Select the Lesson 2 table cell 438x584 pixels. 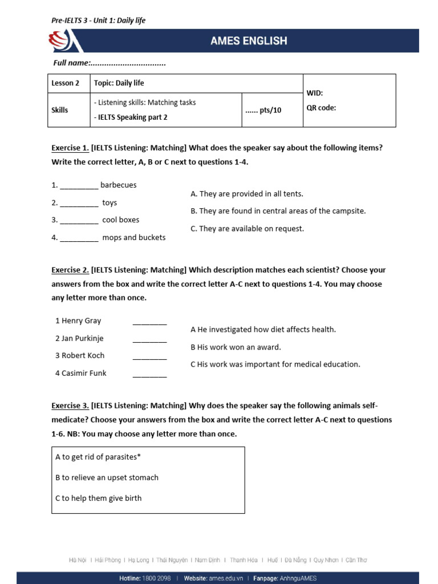click(66, 83)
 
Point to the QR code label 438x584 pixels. click(321, 107)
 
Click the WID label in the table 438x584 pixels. click(315, 92)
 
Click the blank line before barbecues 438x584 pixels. click(79, 185)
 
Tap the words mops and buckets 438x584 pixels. click(134, 237)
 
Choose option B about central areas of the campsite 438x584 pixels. click(278, 211)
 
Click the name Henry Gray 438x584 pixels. click(78, 321)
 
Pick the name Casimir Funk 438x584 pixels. click(81, 373)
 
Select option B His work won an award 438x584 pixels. click(236, 347)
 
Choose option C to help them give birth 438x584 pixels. click(98, 498)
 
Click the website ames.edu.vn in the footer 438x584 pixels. click(225, 578)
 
